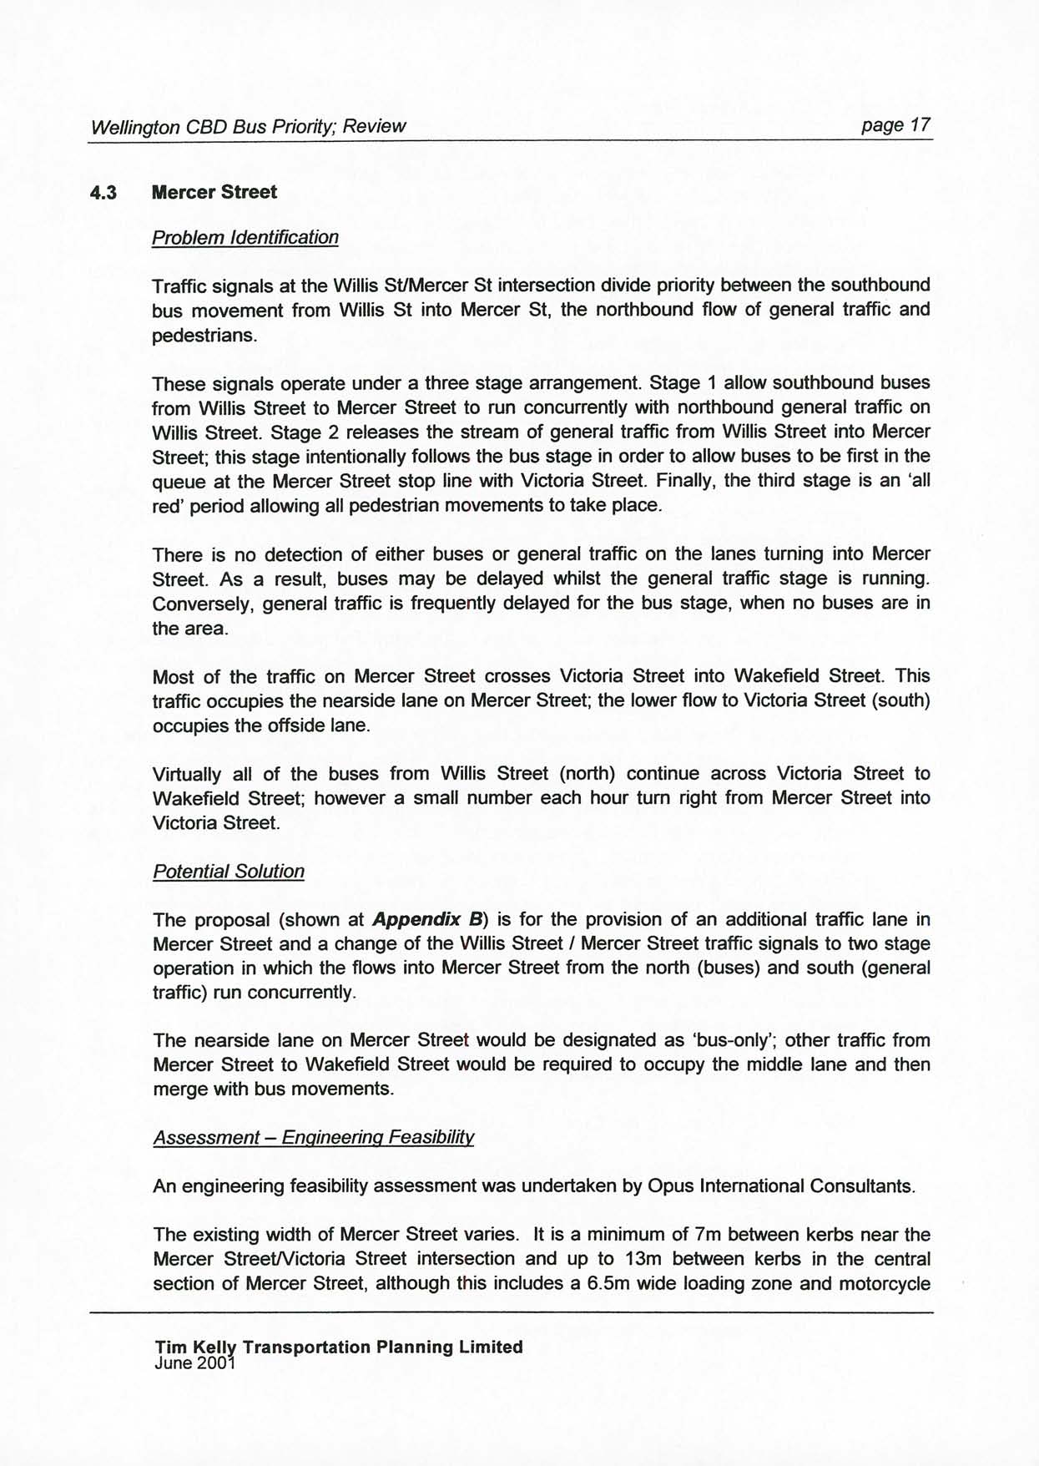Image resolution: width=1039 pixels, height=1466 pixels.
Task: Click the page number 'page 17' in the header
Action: click(895, 125)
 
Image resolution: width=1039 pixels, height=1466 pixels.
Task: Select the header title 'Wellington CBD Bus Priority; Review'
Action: click(248, 127)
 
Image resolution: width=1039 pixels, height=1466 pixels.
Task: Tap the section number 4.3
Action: click(103, 193)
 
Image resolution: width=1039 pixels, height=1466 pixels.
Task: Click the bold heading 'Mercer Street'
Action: click(214, 192)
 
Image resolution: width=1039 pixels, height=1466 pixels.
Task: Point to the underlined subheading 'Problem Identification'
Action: click(245, 238)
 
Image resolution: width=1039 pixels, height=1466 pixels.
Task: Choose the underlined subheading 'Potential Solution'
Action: click(229, 872)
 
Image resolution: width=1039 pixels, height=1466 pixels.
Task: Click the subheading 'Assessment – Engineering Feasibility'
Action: click(314, 1138)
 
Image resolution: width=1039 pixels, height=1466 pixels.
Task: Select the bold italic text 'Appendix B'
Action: click(429, 920)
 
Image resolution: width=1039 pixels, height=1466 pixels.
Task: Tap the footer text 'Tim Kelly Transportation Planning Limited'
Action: click(339, 1347)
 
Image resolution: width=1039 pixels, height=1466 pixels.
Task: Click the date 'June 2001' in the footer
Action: click(195, 1362)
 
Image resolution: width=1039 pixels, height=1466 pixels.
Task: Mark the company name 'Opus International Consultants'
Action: click(779, 1186)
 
